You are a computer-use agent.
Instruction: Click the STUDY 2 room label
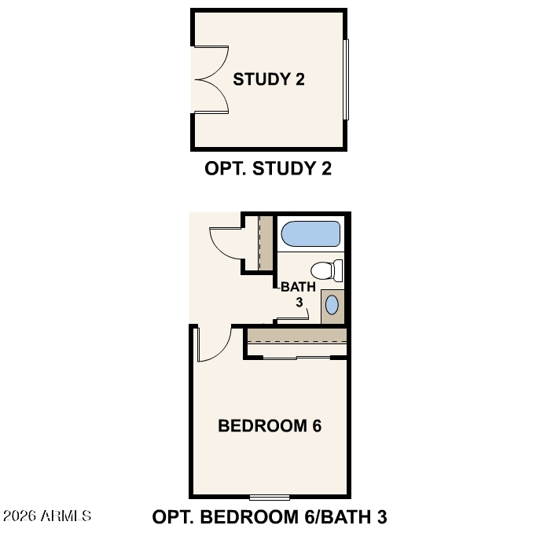269,79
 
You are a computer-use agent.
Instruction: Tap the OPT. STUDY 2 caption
268,168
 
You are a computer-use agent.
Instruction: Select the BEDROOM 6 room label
270,426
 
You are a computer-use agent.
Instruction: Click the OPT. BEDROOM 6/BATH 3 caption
270,517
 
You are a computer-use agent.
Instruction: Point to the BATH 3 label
298,294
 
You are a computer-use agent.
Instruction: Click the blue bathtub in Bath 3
310,233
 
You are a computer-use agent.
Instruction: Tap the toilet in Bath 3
326,270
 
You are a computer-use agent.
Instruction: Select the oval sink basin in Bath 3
332,305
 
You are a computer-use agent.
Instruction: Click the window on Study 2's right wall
346,79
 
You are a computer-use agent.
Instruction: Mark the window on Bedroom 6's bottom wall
270,498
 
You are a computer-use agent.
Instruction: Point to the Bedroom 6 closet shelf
297,336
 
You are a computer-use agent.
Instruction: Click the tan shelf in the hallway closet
266,243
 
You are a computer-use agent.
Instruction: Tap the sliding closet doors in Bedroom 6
297,358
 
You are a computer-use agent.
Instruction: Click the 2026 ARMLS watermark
47,516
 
